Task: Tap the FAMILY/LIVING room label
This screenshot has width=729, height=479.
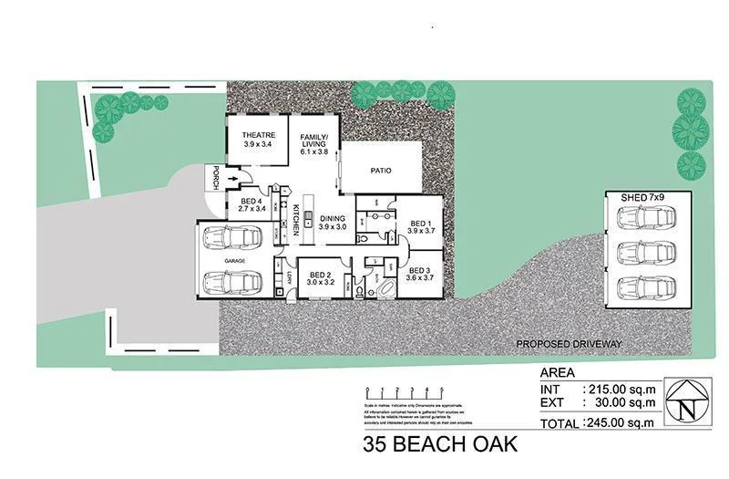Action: [314, 145]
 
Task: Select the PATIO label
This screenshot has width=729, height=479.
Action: [382, 170]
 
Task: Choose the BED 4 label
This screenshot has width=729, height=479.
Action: [252, 205]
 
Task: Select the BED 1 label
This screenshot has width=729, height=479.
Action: [419, 227]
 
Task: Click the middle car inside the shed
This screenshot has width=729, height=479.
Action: [646, 250]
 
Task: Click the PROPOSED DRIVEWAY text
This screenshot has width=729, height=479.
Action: [569, 343]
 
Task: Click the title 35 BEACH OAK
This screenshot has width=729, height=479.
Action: [440, 446]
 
